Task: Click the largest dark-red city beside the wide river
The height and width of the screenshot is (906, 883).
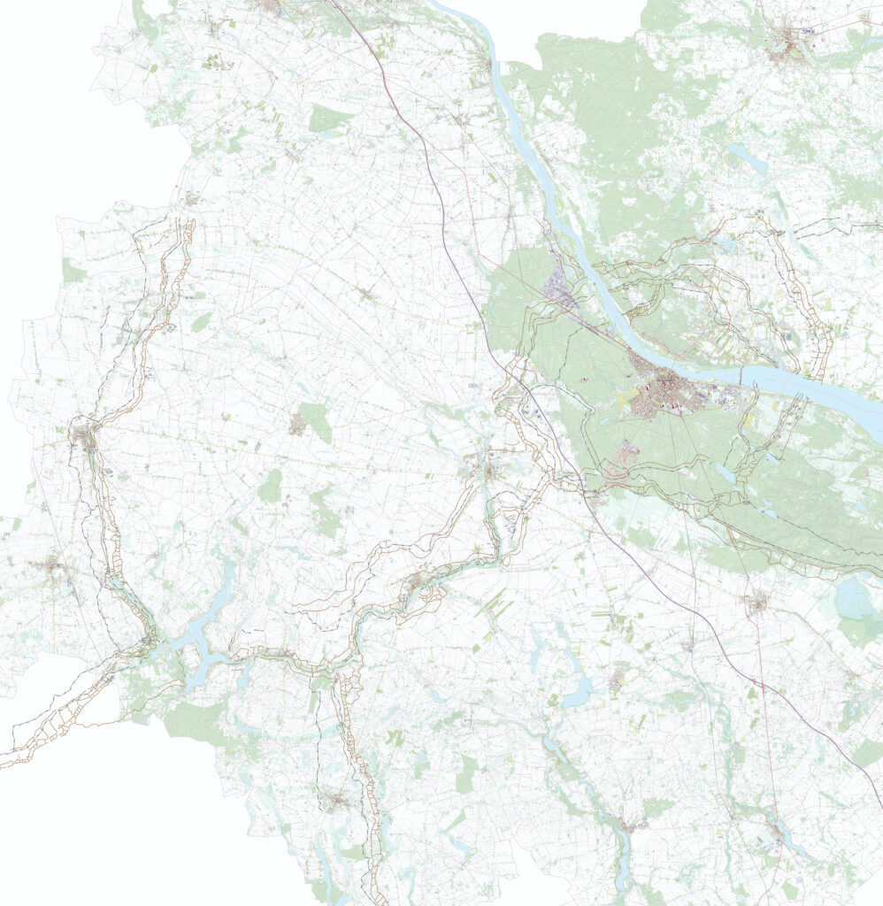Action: click(665, 395)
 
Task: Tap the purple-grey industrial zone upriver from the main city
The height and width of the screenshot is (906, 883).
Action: click(560, 288)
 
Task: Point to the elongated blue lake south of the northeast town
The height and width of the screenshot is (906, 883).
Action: click(745, 160)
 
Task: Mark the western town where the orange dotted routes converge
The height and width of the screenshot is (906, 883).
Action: click(86, 436)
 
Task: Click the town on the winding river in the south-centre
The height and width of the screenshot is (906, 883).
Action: click(414, 582)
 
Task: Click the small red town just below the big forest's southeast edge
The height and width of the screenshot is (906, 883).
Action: click(756, 604)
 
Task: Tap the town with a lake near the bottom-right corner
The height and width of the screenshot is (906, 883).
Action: click(776, 832)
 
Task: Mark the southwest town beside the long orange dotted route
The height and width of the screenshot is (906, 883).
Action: click(334, 802)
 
